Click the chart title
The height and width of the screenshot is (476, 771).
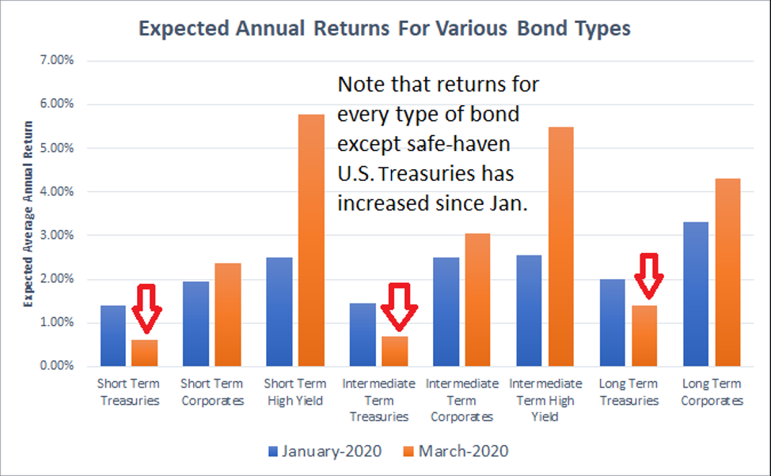click(x=385, y=28)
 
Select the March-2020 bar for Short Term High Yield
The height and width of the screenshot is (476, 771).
click(x=311, y=240)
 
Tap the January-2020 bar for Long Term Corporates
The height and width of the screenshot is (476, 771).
click(x=696, y=294)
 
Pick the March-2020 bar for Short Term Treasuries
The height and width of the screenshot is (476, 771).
click(x=145, y=353)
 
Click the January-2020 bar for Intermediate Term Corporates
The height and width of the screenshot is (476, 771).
click(x=446, y=312)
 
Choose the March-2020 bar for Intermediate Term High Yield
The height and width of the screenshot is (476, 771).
click(x=561, y=247)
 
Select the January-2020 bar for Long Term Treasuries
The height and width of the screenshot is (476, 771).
click(x=612, y=323)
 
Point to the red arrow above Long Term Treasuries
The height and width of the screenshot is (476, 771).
click(x=649, y=276)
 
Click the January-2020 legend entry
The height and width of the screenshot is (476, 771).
click(x=325, y=451)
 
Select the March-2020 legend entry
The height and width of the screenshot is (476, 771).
click(x=456, y=451)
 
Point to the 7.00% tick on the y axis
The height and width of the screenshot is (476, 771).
click(x=56, y=60)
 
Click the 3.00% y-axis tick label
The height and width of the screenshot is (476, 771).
click(x=56, y=235)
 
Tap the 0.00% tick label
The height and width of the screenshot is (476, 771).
click(x=56, y=365)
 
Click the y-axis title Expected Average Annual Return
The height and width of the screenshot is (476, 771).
click(x=28, y=214)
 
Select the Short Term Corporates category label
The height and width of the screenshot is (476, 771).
click(x=212, y=392)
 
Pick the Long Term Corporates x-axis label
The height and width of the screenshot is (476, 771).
click(x=712, y=392)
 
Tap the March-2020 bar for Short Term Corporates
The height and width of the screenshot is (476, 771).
click(x=228, y=315)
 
